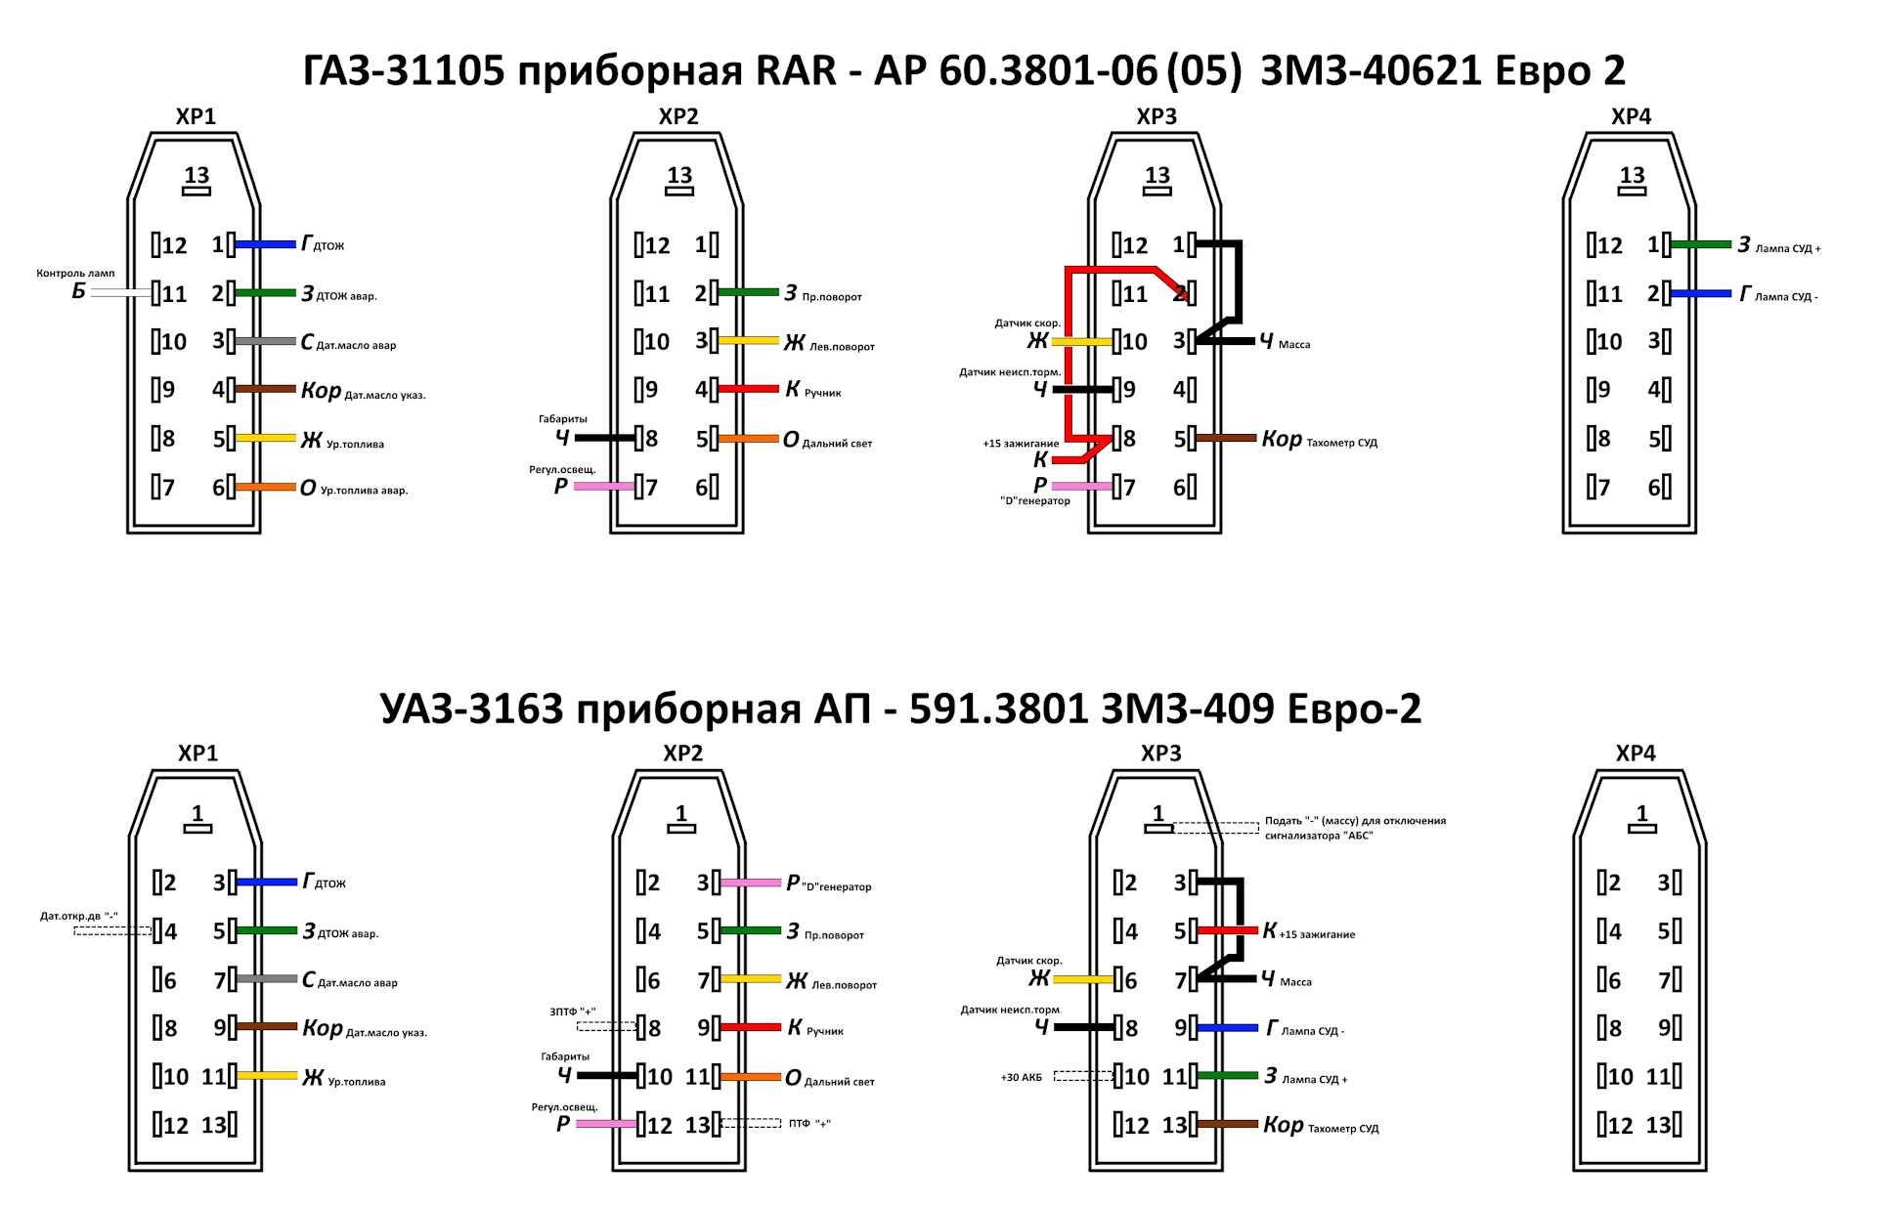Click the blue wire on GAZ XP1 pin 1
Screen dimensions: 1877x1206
[x=265, y=244]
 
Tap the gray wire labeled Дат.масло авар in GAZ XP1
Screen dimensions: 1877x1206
[x=265, y=341]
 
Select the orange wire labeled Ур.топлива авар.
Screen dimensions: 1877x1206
[x=265, y=487]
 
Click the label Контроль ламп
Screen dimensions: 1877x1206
[x=75, y=273]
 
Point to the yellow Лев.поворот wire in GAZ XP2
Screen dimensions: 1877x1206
[x=749, y=341]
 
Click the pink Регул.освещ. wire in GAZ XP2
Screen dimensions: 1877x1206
[x=604, y=486]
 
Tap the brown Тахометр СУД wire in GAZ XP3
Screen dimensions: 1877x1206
[x=1226, y=438]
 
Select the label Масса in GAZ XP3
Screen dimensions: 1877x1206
[x=1294, y=345]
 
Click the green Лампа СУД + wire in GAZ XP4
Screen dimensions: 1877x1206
[x=1701, y=244]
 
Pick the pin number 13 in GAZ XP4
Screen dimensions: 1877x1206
[x=1632, y=175]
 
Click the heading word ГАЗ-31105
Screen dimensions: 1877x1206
[x=404, y=70]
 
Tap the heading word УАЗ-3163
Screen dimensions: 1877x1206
[x=471, y=709]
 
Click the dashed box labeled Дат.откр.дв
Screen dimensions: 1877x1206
[x=113, y=930]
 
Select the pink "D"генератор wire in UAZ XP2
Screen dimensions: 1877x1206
[x=751, y=883]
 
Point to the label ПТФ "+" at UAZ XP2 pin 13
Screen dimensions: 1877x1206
[x=809, y=1124]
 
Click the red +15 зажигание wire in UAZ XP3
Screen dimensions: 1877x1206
[x=1228, y=930]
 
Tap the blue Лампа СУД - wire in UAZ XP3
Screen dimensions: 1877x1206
[x=1228, y=1028]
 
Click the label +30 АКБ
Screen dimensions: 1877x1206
[x=1021, y=1077]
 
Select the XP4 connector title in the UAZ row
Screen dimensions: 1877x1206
[x=1636, y=754]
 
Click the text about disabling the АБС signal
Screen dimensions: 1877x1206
[x=1355, y=828]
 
